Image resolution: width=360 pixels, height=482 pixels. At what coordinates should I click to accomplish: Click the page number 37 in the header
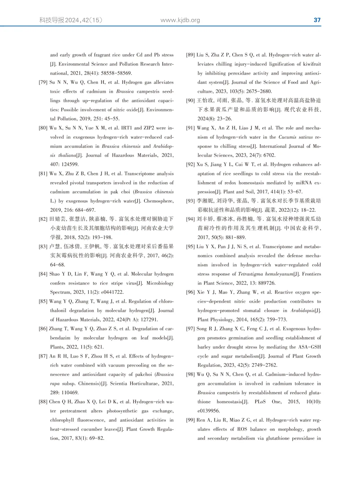click(x=317, y=20)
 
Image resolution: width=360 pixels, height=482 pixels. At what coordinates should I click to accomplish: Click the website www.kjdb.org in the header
click(x=180, y=20)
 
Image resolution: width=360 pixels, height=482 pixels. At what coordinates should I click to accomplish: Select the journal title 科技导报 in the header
click(x=52, y=20)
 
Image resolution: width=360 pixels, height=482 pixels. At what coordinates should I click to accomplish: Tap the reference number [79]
click(x=43, y=82)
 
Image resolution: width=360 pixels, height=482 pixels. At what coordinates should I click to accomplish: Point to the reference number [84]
click(x=43, y=274)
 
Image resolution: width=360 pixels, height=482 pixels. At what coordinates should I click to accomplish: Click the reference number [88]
click(x=43, y=402)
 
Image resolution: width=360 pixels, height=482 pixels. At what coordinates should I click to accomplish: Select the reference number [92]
click(x=190, y=164)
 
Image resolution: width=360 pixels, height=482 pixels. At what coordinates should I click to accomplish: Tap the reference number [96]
click(x=190, y=292)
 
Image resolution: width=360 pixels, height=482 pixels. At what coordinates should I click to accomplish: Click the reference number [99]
click(x=190, y=420)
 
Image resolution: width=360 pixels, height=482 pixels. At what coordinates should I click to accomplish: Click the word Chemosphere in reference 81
click(x=158, y=201)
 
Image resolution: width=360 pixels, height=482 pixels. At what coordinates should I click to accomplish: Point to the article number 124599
click(x=70, y=164)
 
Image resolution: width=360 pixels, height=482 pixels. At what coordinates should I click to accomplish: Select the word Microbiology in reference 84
click(x=160, y=283)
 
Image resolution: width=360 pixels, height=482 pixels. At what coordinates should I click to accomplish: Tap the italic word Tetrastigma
click(x=250, y=274)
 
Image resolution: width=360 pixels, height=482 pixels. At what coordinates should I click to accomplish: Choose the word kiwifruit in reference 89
click(x=310, y=64)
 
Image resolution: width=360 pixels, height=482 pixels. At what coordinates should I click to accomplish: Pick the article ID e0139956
click(x=209, y=411)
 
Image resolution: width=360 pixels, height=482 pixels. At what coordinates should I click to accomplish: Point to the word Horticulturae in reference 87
click(x=143, y=384)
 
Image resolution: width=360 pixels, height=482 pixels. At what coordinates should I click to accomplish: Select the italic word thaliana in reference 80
click(x=67, y=155)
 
